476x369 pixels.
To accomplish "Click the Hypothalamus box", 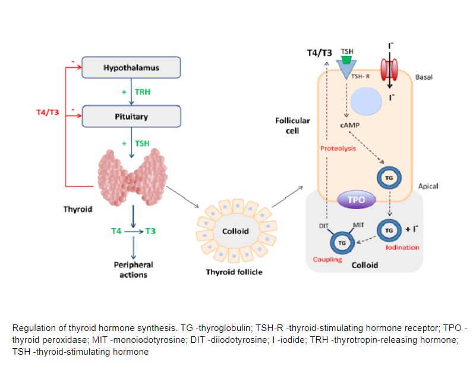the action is pyautogui.click(x=131, y=67).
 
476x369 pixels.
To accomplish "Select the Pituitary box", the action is pyautogui.click(x=131, y=116).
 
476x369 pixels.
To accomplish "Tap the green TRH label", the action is pyautogui.click(x=143, y=92).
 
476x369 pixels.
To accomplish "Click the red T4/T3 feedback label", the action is pyautogui.click(x=48, y=112).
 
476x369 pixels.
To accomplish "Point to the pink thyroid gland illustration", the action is pyautogui.click(x=133, y=178).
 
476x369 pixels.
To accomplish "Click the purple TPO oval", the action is pyautogui.click(x=357, y=200).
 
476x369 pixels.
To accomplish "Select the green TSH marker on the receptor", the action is pyautogui.click(x=346, y=59).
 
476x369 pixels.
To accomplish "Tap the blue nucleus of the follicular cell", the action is pyautogui.click(x=366, y=102).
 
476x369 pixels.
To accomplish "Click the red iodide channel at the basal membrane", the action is pyautogui.click(x=389, y=70).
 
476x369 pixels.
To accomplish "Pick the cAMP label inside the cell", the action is pyautogui.click(x=350, y=125).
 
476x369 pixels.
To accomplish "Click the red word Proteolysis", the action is pyautogui.click(x=338, y=149).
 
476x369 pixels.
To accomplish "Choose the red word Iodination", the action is pyautogui.click(x=402, y=247).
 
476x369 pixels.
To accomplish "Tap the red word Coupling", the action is pyautogui.click(x=327, y=260).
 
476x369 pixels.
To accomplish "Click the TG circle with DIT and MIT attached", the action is pyautogui.click(x=342, y=243).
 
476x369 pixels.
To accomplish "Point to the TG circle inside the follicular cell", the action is pyautogui.click(x=389, y=178).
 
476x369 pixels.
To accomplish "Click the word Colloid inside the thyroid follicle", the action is pyautogui.click(x=235, y=231).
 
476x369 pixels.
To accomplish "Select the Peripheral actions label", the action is pyautogui.click(x=134, y=270).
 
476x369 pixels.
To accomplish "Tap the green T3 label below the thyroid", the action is pyautogui.click(x=150, y=231).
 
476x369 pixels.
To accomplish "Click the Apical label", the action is pyautogui.click(x=428, y=186).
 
